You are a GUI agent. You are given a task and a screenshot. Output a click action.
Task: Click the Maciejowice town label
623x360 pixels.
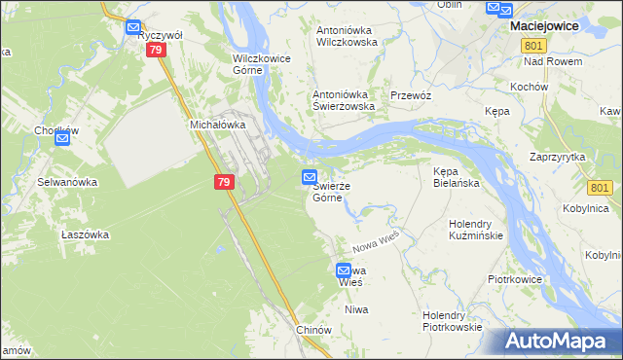pyautogui.click(x=554, y=27)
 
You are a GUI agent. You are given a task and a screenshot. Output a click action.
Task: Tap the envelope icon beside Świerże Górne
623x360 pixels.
pyautogui.click(x=309, y=177)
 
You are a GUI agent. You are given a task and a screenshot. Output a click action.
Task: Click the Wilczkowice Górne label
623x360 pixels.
pyautogui.click(x=262, y=63)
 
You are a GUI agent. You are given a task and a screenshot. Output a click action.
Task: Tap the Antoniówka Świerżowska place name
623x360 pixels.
pyautogui.click(x=343, y=100)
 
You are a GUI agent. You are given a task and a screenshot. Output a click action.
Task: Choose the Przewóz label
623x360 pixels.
pyautogui.click(x=410, y=95)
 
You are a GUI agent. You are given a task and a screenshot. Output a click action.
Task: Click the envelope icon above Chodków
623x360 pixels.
pyautogui.click(x=62, y=139)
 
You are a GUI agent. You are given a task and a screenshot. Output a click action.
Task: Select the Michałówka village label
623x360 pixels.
pyautogui.click(x=214, y=126)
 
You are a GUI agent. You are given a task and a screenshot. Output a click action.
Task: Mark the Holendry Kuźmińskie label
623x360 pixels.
pyautogui.click(x=475, y=230)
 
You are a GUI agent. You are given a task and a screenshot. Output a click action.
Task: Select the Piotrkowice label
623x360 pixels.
pyautogui.click(x=514, y=279)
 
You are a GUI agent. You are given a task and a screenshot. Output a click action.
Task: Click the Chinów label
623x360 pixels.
pyautogui.click(x=314, y=330)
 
